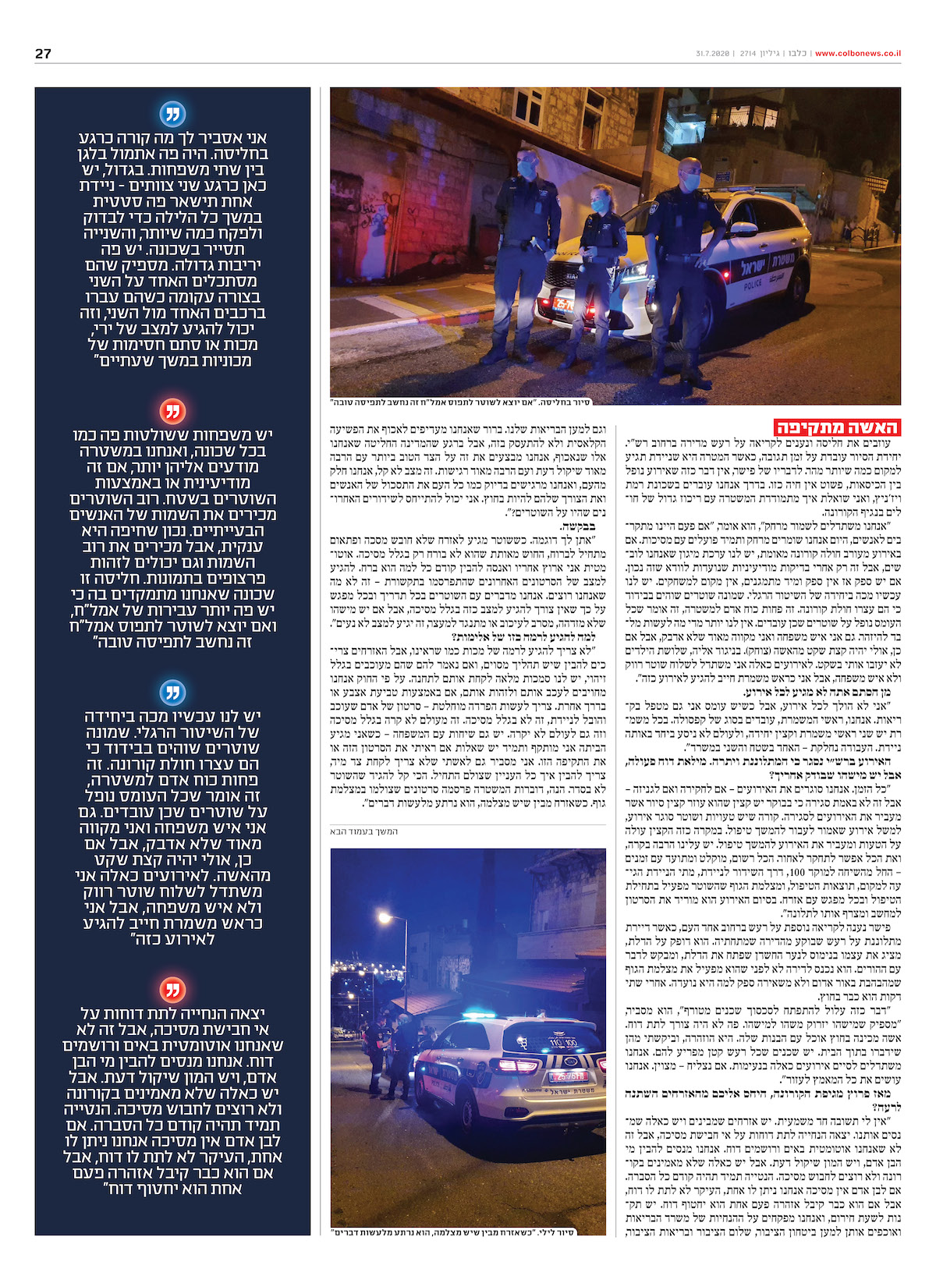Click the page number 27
[43, 54]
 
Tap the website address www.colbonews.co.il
[857, 54]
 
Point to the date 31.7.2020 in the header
[712, 54]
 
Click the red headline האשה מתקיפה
[837, 427]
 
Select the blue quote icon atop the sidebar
[172, 114]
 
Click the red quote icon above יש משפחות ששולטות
[172, 410]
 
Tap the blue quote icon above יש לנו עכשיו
[172, 692]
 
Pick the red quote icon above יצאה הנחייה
[172, 990]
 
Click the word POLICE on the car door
[753, 285]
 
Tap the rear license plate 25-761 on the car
[568, 1076]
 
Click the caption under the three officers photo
[460, 402]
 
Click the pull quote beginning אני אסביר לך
[172, 249]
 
